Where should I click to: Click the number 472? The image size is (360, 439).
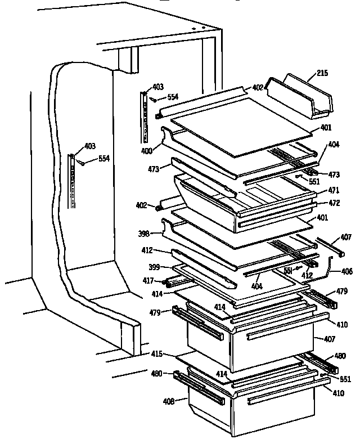tap(334, 202)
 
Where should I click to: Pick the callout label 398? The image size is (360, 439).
tap(143, 232)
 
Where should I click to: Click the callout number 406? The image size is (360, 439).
tap(347, 272)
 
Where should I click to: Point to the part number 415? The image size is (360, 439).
tap(156, 354)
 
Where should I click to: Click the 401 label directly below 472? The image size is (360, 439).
tap(337, 218)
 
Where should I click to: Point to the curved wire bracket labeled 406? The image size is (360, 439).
tap(326, 267)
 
